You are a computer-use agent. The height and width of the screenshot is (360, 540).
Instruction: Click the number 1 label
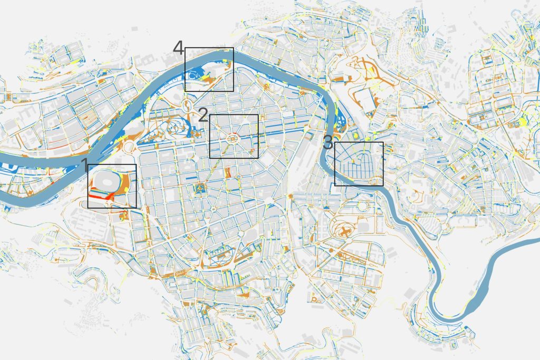(83, 166)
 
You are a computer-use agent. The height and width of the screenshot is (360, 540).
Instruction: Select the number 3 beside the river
(328, 142)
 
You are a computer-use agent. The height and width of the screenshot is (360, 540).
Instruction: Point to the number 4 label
(178, 49)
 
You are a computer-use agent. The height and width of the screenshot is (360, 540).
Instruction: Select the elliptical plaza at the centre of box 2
(233, 138)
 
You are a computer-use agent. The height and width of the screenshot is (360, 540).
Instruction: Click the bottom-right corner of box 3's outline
(383, 186)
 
